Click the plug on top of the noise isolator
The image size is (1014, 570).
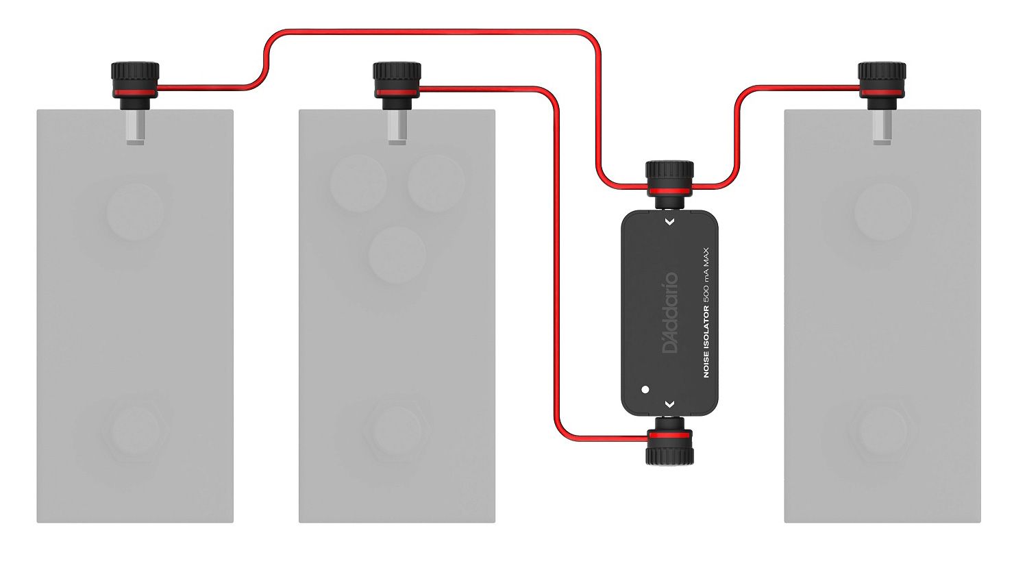669,184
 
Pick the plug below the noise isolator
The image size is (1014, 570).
669,441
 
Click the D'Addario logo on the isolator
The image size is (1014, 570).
671,312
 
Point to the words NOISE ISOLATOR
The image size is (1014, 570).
706,342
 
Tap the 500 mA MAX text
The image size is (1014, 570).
706,275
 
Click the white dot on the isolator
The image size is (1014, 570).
645,389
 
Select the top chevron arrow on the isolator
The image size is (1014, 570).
670,222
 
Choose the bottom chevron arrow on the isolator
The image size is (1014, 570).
670,404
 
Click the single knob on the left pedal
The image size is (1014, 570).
135,212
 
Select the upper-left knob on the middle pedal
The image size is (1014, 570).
358,184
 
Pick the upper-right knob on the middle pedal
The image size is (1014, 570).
436,184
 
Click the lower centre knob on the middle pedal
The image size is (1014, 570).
397,255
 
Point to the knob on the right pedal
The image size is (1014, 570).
882,212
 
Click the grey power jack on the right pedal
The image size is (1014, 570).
882,127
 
